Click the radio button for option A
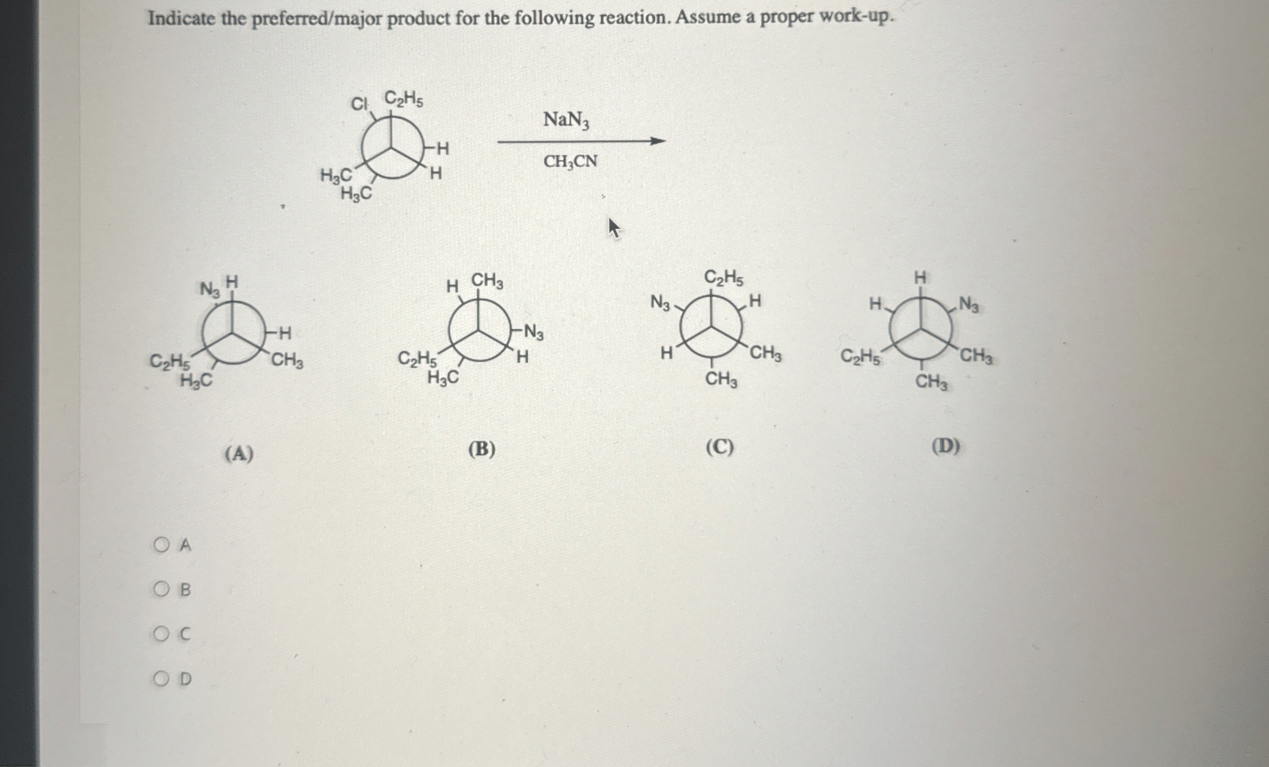(x=161, y=544)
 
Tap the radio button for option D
(x=161, y=678)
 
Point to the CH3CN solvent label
(x=570, y=161)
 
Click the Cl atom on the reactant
(x=359, y=103)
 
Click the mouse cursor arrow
(x=613, y=227)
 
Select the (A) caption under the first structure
(x=239, y=453)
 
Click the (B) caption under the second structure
(x=482, y=449)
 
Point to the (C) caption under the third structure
(x=719, y=448)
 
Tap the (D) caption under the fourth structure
(x=945, y=447)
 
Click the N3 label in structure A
(x=210, y=289)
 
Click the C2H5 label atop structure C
(x=724, y=278)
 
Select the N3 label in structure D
(x=969, y=304)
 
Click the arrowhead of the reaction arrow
(x=658, y=141)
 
